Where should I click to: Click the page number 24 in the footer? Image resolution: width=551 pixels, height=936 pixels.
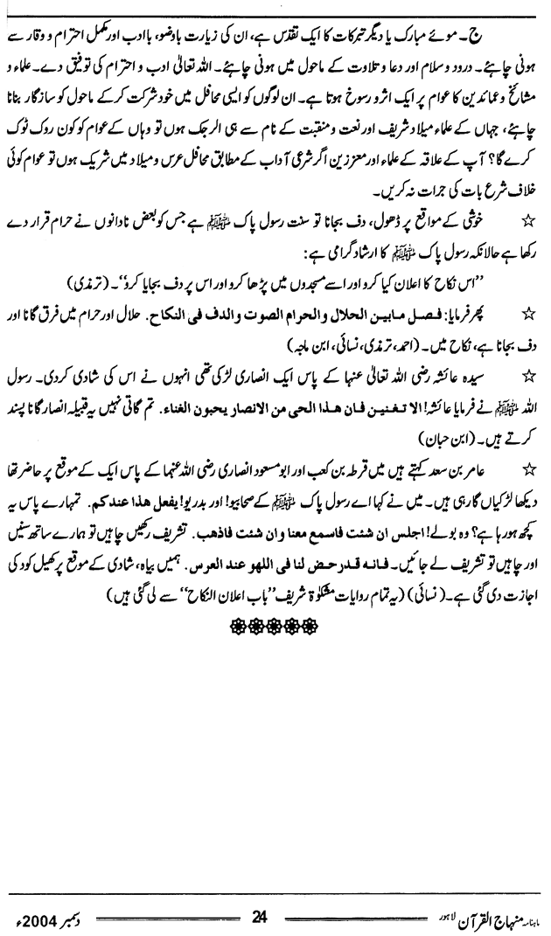[x=258, y=891]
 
